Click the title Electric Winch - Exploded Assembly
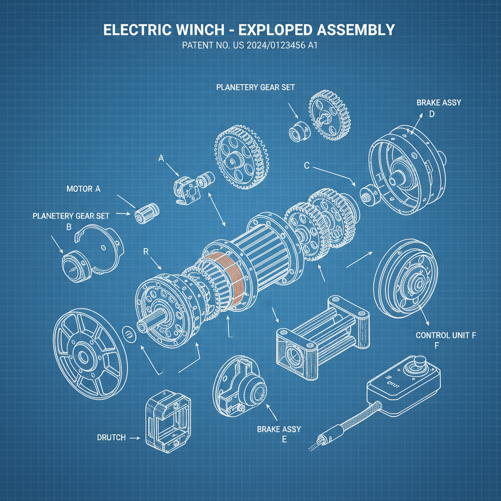(x=250, y=30)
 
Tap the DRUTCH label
(x=111, y=437)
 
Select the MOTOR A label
(x=83, y=189)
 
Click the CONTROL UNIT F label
(x=446, y=336)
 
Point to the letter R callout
(x=145, y=251)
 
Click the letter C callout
(x=307, y=165)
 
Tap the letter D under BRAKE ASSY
(x=432, y=114)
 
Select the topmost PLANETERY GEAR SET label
(x=255, y=87)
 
